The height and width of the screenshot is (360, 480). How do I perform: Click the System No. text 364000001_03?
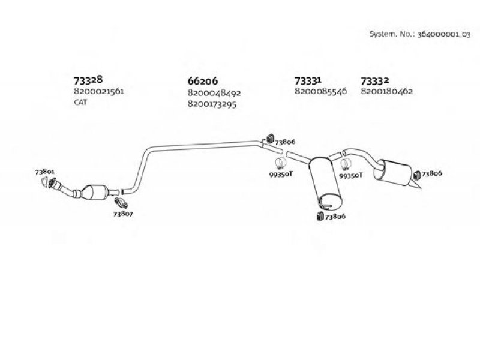444,34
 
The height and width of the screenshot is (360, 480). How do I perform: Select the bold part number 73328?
88,80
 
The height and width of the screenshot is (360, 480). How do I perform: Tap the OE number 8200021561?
99,91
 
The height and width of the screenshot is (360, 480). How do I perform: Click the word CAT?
80,102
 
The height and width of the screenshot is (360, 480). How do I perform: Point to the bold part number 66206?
202,81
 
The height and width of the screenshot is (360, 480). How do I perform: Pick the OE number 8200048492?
214,93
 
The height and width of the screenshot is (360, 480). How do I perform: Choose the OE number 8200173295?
212,104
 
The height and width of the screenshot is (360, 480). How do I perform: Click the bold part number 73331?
308,81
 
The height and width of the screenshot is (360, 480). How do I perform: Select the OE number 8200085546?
320,91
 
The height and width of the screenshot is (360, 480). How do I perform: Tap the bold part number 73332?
374,81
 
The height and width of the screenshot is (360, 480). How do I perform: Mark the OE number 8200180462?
386,91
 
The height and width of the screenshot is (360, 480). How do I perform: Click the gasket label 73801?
44,172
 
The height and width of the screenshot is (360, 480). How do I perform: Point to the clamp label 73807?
123,214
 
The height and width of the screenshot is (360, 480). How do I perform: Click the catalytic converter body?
95,192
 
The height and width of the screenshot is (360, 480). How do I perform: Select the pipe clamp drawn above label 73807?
121,203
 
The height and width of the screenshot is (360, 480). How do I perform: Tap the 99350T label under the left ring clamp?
281,174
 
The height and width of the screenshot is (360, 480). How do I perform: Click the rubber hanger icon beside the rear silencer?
416,175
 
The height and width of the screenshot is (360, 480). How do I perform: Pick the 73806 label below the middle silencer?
335,217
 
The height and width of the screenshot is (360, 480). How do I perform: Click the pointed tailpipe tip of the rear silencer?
421,188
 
